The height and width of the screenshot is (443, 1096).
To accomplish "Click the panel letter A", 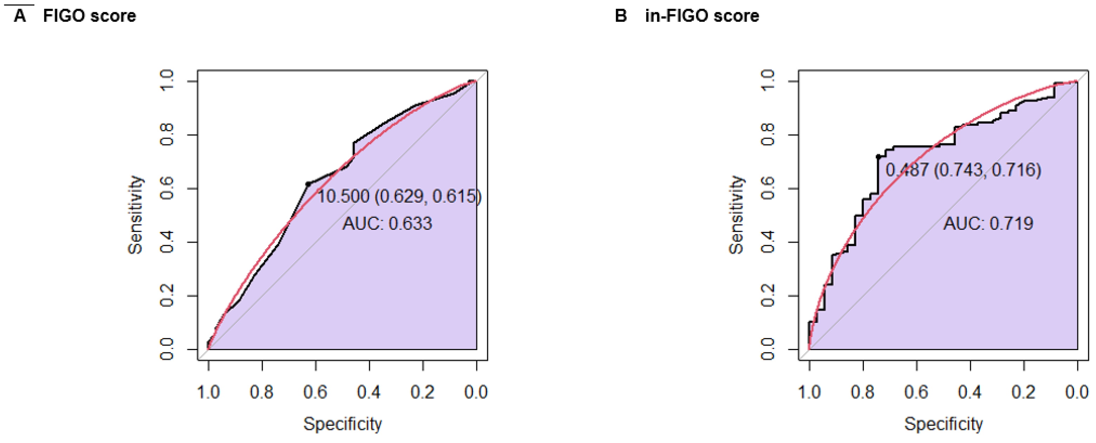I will click(x=20, y=16).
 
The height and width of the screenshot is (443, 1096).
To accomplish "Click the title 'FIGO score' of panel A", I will click(x=89, y=16).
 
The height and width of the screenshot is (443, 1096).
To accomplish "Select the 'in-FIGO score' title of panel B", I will click(x=702, y=16).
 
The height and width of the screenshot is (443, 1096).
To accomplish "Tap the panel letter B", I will click(x=621, y=16).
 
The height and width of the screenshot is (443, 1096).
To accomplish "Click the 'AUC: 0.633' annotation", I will click(x=387, y=223).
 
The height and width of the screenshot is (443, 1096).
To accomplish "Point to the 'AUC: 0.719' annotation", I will click(x=988, y=223).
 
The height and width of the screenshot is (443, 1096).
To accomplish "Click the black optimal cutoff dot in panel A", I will click(x=308, y=184).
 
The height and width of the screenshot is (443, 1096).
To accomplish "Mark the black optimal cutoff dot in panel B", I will click(x=878, y=157).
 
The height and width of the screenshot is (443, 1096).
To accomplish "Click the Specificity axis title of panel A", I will click(x=342, y=424).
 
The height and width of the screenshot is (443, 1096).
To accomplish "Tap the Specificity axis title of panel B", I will click(x=943, y=424).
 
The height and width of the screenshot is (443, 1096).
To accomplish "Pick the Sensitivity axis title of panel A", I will click(x=135, y=215).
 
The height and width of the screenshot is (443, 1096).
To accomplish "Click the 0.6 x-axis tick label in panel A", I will click(x=315, y=391).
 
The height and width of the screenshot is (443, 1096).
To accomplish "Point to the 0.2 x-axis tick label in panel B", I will click(x=1023, y=391).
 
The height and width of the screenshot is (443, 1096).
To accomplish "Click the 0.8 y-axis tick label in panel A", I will click(x=167, y=135).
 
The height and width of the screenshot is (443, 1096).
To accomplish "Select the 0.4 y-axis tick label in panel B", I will click(x=768, y=242).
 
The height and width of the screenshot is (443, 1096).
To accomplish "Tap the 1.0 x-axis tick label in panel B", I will click(x=809, y=391).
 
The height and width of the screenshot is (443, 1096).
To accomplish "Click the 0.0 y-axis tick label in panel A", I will click(x=167, y=349).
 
